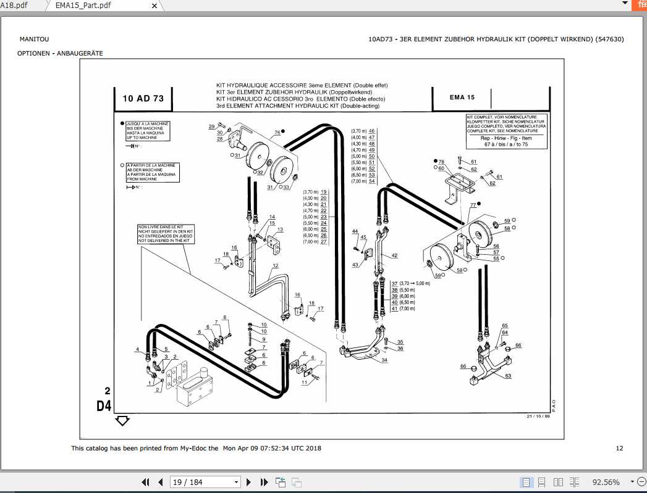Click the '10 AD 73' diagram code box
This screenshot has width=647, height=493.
click(x=143, y=99)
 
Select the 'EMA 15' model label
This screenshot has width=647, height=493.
click(x=462, y=97)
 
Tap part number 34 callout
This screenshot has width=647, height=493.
click(x=385, y=360)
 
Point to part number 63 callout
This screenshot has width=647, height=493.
click(x=508, y=375)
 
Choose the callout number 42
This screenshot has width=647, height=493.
click(x=394, y=255)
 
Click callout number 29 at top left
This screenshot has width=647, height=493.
click(x=211, y=126)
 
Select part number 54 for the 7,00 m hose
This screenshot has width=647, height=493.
click(x=372, y=181)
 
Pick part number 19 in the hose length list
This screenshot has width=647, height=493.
click(x=323, y=192)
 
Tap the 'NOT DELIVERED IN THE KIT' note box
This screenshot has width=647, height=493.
click(x=165, y=234)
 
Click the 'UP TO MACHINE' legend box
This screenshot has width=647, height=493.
click(x=148, y=130)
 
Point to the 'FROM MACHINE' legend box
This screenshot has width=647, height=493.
click(x=151, y=172)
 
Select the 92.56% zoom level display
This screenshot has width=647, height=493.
click(x=606, y=482)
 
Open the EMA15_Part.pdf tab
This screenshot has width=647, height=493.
click(x=83, y=5)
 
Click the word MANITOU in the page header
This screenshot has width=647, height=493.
click(x=34, y=39)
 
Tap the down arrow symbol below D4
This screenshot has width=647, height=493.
click(x=122, y=421)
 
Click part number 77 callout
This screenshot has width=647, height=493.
click(x=473, y=205)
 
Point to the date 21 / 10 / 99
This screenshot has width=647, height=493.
click(x=538, y=416)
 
